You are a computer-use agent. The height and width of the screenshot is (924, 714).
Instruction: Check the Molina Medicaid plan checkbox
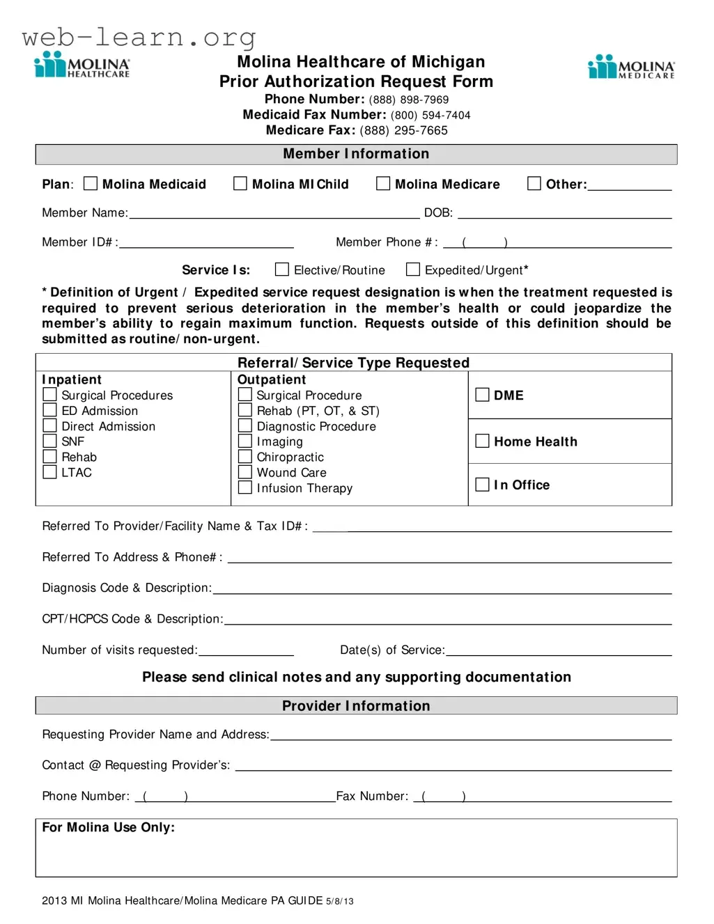pos(91,184)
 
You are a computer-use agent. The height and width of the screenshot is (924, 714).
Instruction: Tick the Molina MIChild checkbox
pos(240,184)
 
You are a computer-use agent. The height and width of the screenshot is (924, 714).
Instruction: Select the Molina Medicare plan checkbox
pos(383,184)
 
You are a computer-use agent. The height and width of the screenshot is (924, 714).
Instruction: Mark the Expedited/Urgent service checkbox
pos(413,269)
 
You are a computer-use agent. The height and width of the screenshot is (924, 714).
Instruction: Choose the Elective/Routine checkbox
pos(282,269)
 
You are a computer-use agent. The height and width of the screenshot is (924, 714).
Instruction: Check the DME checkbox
pos(482,395)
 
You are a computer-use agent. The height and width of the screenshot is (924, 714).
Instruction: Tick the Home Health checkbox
pos(482,441)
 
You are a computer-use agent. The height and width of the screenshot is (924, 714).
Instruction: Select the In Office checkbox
pos(482,485)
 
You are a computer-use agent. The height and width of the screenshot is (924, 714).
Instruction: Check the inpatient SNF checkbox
pos(50,441)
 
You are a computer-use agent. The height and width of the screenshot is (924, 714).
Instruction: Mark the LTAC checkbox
pos(50,472)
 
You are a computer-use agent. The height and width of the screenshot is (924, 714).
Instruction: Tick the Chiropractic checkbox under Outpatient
pos(245,457)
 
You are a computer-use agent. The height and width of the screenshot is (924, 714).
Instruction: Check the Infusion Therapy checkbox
pos(245,487)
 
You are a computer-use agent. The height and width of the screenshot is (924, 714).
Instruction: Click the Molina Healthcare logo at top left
pos(82,65)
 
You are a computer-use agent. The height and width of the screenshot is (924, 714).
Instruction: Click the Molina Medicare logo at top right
pos(631,68)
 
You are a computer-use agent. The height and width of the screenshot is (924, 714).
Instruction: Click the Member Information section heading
pos(356,154)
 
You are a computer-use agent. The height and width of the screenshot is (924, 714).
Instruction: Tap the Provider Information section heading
pos(356,706)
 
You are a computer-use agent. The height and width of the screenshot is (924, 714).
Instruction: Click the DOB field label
pos(438,213)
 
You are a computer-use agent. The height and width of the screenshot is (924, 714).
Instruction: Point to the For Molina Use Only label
pos(109,827)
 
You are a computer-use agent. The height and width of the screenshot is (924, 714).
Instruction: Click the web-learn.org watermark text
pos(139,36)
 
